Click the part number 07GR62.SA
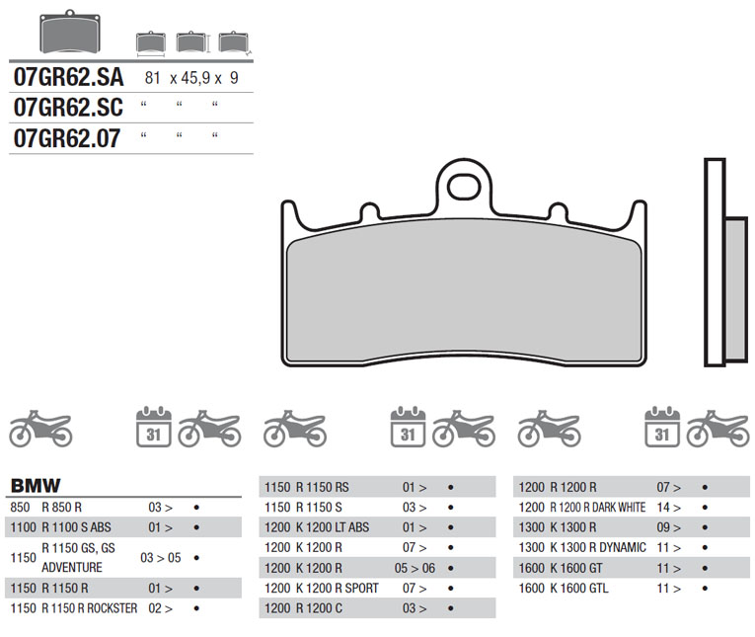[x=66, y=78]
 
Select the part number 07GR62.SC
[x=66, y=108]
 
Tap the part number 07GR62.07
[x=66, y=138]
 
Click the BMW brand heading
[x=36, y=486]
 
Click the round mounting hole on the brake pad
[x=463, y=184]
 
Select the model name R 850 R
[x=61, y=507]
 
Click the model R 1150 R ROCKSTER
[x=90, y=608]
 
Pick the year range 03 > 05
[x=160, y=558]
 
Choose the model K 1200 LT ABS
[x=333, y=527]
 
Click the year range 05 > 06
[x=415, y=568]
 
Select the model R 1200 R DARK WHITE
[x=596, y=508]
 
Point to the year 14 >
[x=668, y=508]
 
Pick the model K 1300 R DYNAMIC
[x=596, y=548]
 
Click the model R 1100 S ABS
[x=75, y=527]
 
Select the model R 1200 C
[x=320, y=608]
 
